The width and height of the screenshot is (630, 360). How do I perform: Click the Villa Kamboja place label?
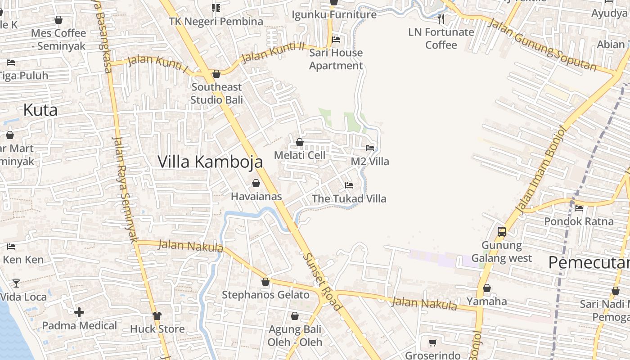210,162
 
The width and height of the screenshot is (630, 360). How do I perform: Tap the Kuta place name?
40,110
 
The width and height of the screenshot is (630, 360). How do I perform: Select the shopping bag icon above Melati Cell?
300,143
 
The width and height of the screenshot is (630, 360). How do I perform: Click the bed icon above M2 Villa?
370,148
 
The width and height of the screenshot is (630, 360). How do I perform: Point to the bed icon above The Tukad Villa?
349,185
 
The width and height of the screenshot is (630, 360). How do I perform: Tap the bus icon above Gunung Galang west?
502,232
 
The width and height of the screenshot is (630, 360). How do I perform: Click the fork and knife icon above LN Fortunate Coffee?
441,18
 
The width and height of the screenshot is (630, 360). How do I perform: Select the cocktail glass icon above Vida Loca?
16,283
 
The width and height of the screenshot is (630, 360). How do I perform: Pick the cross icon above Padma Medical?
79,312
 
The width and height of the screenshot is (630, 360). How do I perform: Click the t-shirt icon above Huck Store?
157,315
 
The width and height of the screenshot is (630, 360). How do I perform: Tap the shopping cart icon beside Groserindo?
432,343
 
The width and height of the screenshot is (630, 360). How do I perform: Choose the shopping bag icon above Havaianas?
256,183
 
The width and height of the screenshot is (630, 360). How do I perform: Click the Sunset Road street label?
322,282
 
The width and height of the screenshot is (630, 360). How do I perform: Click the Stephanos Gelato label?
265,295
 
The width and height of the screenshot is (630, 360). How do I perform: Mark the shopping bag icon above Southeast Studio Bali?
216,74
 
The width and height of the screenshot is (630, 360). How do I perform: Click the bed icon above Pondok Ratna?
579,208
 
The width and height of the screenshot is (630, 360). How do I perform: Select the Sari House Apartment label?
336,59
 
